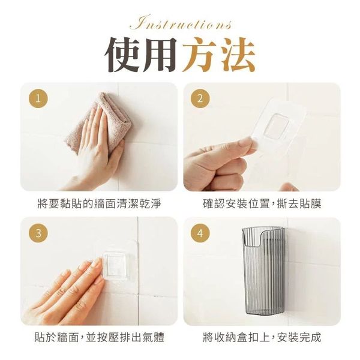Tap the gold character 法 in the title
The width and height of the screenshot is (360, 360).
tap(236, 55)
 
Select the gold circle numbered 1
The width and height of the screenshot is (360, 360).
tap(38, 99)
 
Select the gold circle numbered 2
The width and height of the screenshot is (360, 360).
tap(200, 99)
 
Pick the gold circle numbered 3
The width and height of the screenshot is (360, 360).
tap(38, 233)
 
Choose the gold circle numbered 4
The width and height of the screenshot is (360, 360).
tap(200, 233)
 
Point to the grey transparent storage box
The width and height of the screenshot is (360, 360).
tap(263, 271)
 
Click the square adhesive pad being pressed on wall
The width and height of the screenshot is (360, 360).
tap(115, 264)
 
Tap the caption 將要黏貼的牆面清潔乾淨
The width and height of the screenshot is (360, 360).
tap(99, 204)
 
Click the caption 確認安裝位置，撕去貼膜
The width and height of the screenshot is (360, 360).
tap(262, 204)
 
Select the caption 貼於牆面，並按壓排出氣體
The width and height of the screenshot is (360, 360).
tap(99, 337)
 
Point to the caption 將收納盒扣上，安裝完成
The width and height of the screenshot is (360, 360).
tap(262, 337)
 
